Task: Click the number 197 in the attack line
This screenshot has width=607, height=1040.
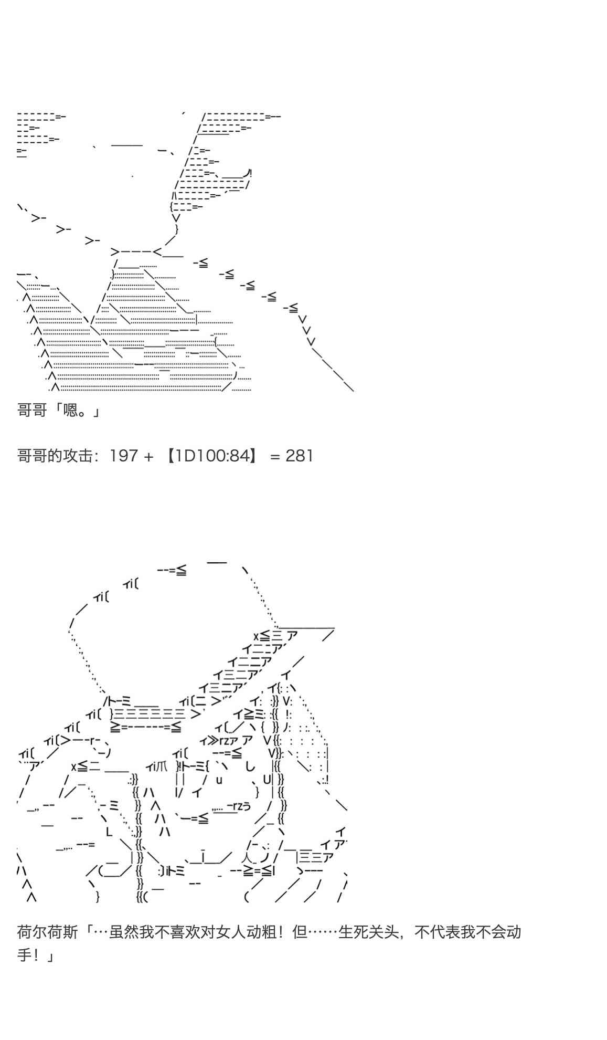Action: pyautogui.click(x=124, y=456)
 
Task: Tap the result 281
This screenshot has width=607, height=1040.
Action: pyautogui.click(x=299, y=456)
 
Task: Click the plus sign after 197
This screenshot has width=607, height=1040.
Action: pyautogui.click(x=148, y=456)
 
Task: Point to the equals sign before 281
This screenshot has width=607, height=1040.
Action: pyautogui.click(x=275, y=456)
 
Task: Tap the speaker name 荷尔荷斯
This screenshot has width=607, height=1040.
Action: pyautogui.click(x=48, y=932)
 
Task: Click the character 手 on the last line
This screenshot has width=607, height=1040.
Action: pyautogui.click(x=25, y=955)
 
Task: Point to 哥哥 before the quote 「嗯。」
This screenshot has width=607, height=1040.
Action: pyautogui.click(x=32, y=410)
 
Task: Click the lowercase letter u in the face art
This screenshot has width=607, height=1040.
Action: pyautogui.click(x=219, y=780)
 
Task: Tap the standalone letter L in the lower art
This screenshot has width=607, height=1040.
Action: pyautogui.click(x=109, y=832)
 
